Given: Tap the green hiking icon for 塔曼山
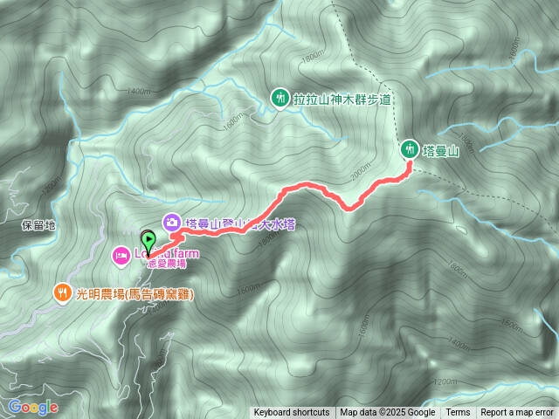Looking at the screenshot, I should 409,149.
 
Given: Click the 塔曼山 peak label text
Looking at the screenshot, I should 440,151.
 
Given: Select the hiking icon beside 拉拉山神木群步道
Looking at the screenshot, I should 280,98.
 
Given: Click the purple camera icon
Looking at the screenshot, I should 170,223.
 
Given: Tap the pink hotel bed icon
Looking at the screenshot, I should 120,255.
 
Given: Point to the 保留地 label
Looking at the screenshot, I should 38,225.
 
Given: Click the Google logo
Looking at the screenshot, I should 33,407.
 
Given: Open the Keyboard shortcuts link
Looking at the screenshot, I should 292,413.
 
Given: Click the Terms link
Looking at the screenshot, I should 458,413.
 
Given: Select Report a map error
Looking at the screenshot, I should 519,413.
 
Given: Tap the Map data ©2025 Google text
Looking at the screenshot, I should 388,413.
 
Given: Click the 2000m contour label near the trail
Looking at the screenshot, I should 360,172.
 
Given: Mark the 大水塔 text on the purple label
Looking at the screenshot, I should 278,224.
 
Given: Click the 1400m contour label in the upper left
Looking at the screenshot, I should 138,91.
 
